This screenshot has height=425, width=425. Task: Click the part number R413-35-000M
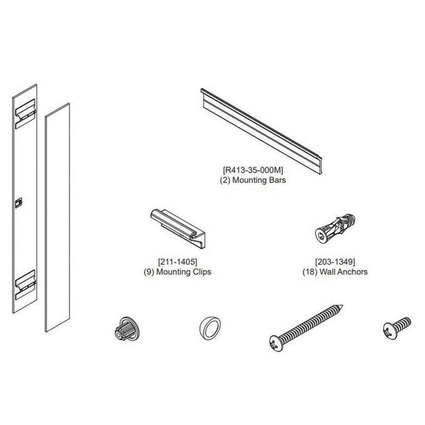click(253, 170)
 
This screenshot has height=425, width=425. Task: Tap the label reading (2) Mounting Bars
click(253, 180)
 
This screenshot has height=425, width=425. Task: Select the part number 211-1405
click(178, 262)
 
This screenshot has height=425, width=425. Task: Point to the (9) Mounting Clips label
click(178, 272)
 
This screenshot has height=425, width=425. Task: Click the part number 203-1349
click(335, 262)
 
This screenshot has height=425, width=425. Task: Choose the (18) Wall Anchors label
click(335, 272)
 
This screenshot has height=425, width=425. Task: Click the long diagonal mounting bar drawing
click(261, 131)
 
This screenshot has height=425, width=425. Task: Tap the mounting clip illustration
click(178, 228)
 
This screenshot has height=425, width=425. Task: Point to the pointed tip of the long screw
click(343, 305)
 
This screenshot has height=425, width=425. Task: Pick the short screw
click(397, 328)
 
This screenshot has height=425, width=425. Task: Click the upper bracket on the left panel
click(25, 114)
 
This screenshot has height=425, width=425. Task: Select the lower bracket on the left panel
click(25, 285)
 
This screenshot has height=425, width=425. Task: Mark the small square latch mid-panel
click(18, 203)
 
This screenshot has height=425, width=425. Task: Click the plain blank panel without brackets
click(57, 217)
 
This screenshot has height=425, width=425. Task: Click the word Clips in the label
click(201, 272)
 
